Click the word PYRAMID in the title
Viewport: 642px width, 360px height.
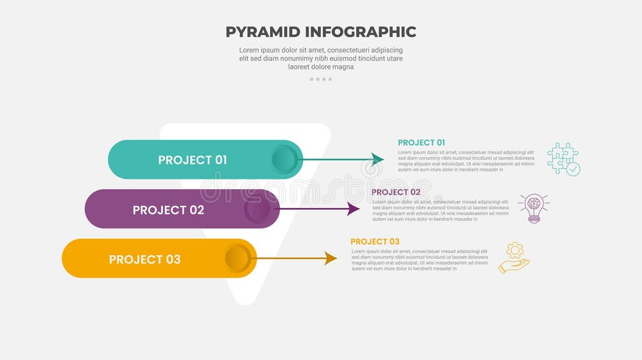coord(262,32)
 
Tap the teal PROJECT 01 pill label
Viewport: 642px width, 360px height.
coord(192,160)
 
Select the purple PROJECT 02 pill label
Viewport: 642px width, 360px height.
coord(168,210)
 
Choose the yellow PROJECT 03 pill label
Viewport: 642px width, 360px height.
coord(144,260)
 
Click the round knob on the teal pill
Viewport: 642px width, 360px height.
coord(285,159)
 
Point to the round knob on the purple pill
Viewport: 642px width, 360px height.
coord(258,209)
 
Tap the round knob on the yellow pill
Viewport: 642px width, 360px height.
coord(238,258)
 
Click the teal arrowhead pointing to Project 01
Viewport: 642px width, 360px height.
coord(377,159)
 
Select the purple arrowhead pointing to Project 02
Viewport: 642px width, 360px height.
coord(353,208)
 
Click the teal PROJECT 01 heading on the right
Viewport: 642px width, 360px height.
coord(421,142)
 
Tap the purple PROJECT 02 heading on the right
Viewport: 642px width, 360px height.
coord(396,192)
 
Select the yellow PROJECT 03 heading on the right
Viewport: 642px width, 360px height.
coord(375,242)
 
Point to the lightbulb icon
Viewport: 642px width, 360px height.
coord(534,208)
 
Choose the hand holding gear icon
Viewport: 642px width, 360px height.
coord(514,258)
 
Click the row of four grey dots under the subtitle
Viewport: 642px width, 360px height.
coord(320,79)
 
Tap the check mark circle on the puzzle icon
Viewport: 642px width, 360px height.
coord(573,169)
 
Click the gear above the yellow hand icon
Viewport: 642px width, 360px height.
coord(515,250)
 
